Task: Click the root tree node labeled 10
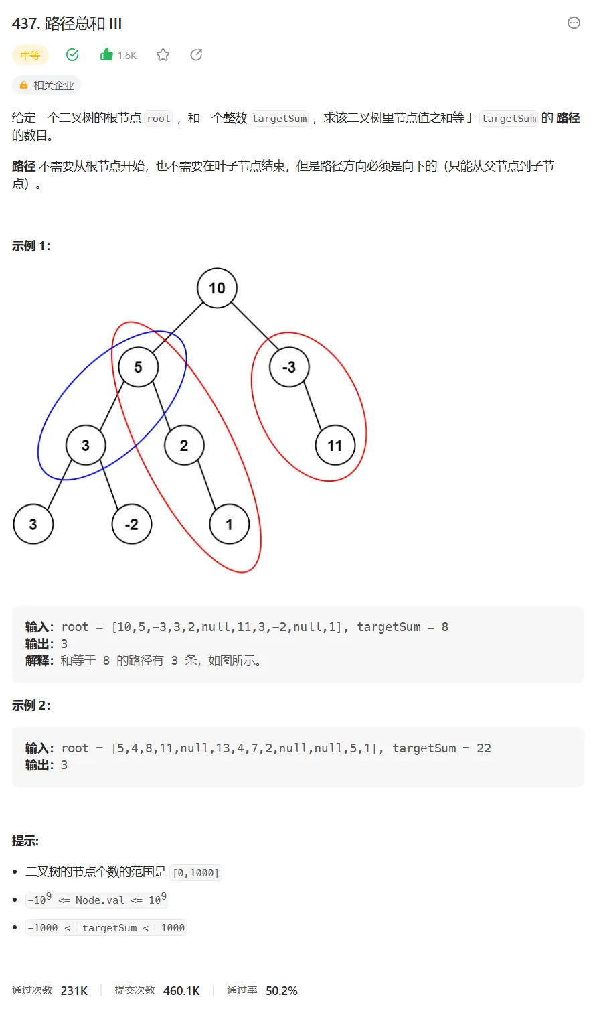coord(217,288)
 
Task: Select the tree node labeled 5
coord(138,367)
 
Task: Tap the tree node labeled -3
coord(289,367)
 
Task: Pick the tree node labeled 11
coord(335,446)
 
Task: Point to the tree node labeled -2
coord(132,524)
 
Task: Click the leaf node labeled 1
coord(230,524)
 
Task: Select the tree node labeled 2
coord(184,446)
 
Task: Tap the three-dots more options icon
coord(574,23)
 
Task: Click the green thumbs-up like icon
coord(106,55)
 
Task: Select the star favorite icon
coord(163,55)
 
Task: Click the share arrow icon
coord(196,55)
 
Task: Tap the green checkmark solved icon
coord(72,55)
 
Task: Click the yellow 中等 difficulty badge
coord(30,56)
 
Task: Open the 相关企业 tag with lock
coord(47,86)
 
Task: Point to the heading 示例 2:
coord(31,705)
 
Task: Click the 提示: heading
coord(25,841)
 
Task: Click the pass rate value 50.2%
coord(281,990)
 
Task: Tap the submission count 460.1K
coord(181,990)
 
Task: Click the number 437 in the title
coord(25,24)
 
